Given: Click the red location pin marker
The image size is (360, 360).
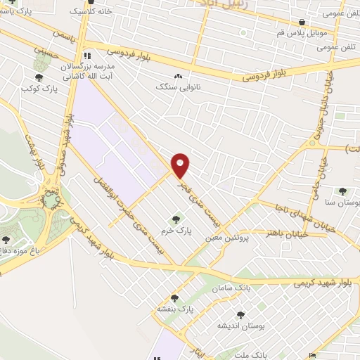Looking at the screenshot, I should pos(181,165).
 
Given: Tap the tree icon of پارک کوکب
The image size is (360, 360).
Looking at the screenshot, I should pos(39,79).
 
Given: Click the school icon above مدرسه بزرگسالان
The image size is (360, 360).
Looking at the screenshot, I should pos(87,55).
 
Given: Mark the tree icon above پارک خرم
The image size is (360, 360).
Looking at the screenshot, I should pos(175,219).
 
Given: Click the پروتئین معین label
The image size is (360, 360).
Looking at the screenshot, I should pos(228,238).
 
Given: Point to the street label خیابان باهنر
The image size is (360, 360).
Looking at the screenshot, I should pos(279,233).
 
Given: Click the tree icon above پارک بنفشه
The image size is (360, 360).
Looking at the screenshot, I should pos(174,298).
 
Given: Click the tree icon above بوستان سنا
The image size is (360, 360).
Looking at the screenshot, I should pos(342,191).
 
